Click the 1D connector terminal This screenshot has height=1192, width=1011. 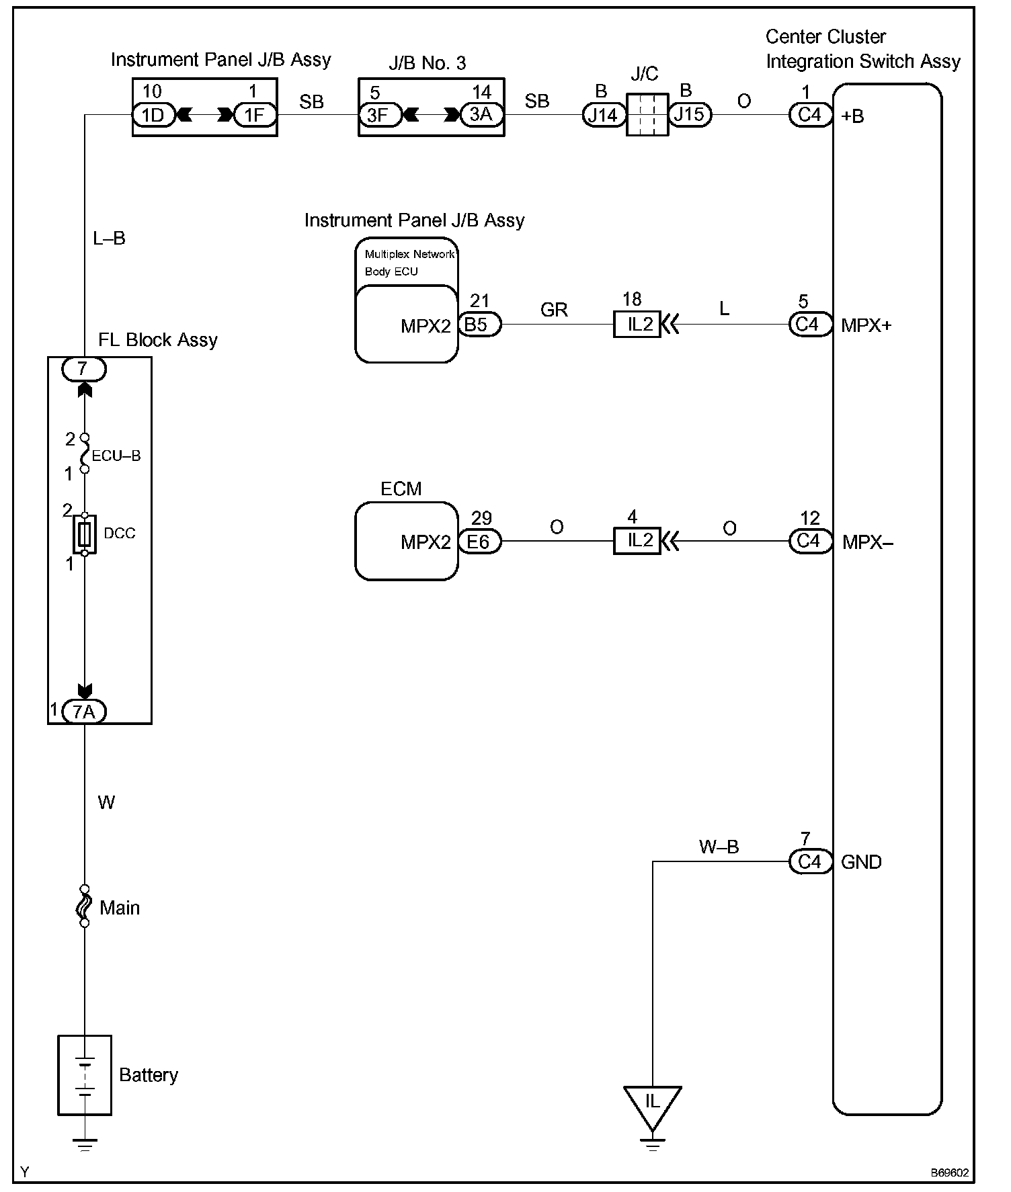[x=153, y=115]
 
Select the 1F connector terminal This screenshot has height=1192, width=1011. [x=254, y=115]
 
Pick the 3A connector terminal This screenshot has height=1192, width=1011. [x=481, y=115]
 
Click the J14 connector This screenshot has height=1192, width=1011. [x=603, y=115]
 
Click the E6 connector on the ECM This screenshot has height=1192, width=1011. [x=479, y=542]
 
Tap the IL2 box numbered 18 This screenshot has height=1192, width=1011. [x=637, y=325]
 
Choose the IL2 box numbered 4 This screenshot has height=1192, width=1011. [x=637, y=541]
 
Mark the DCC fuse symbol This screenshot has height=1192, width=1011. [x=85, y=535]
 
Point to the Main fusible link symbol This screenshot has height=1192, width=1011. [x=85, y=906]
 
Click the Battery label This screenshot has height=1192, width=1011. [x=148, y=1075]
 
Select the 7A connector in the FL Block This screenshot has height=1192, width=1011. [x=84, y=712]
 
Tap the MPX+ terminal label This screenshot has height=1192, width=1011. [x=866, y=326]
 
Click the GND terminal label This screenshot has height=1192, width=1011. [x=861, y=862]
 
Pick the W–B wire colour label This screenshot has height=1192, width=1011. [x=719, y=847]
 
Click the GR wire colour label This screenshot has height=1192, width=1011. [x=554, y=310]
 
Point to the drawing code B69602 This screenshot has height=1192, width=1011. [x=949, y=1173]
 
